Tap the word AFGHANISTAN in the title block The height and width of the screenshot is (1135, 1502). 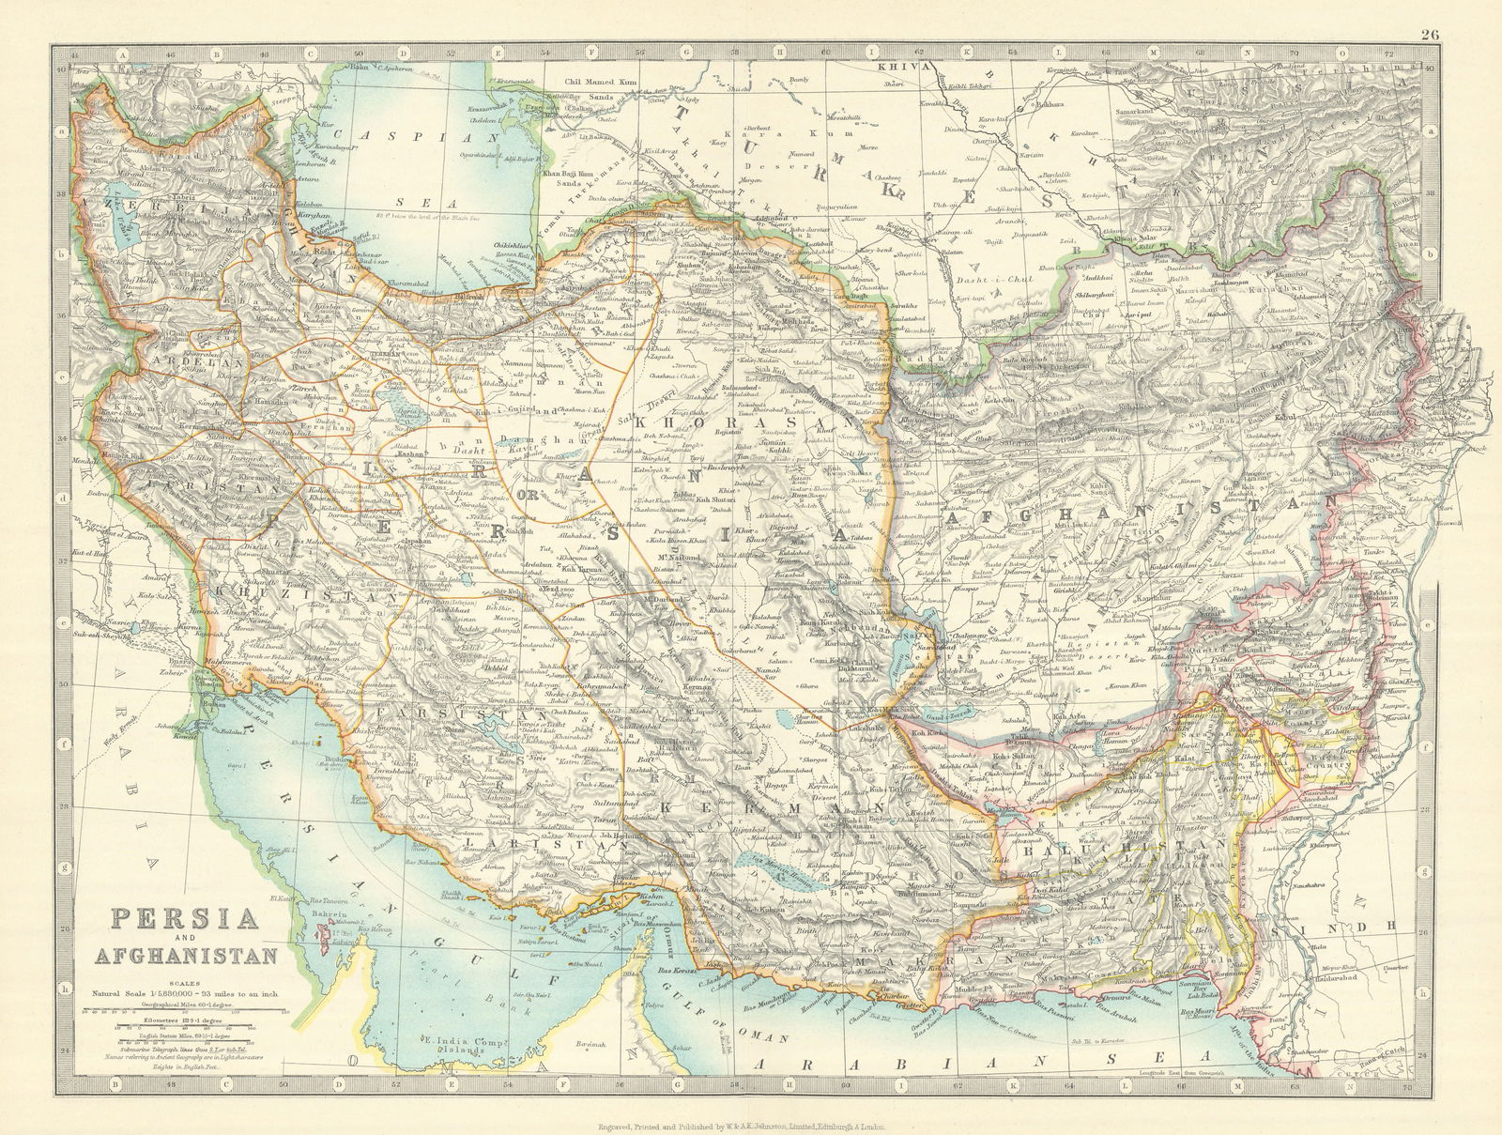tap(184, 957)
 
